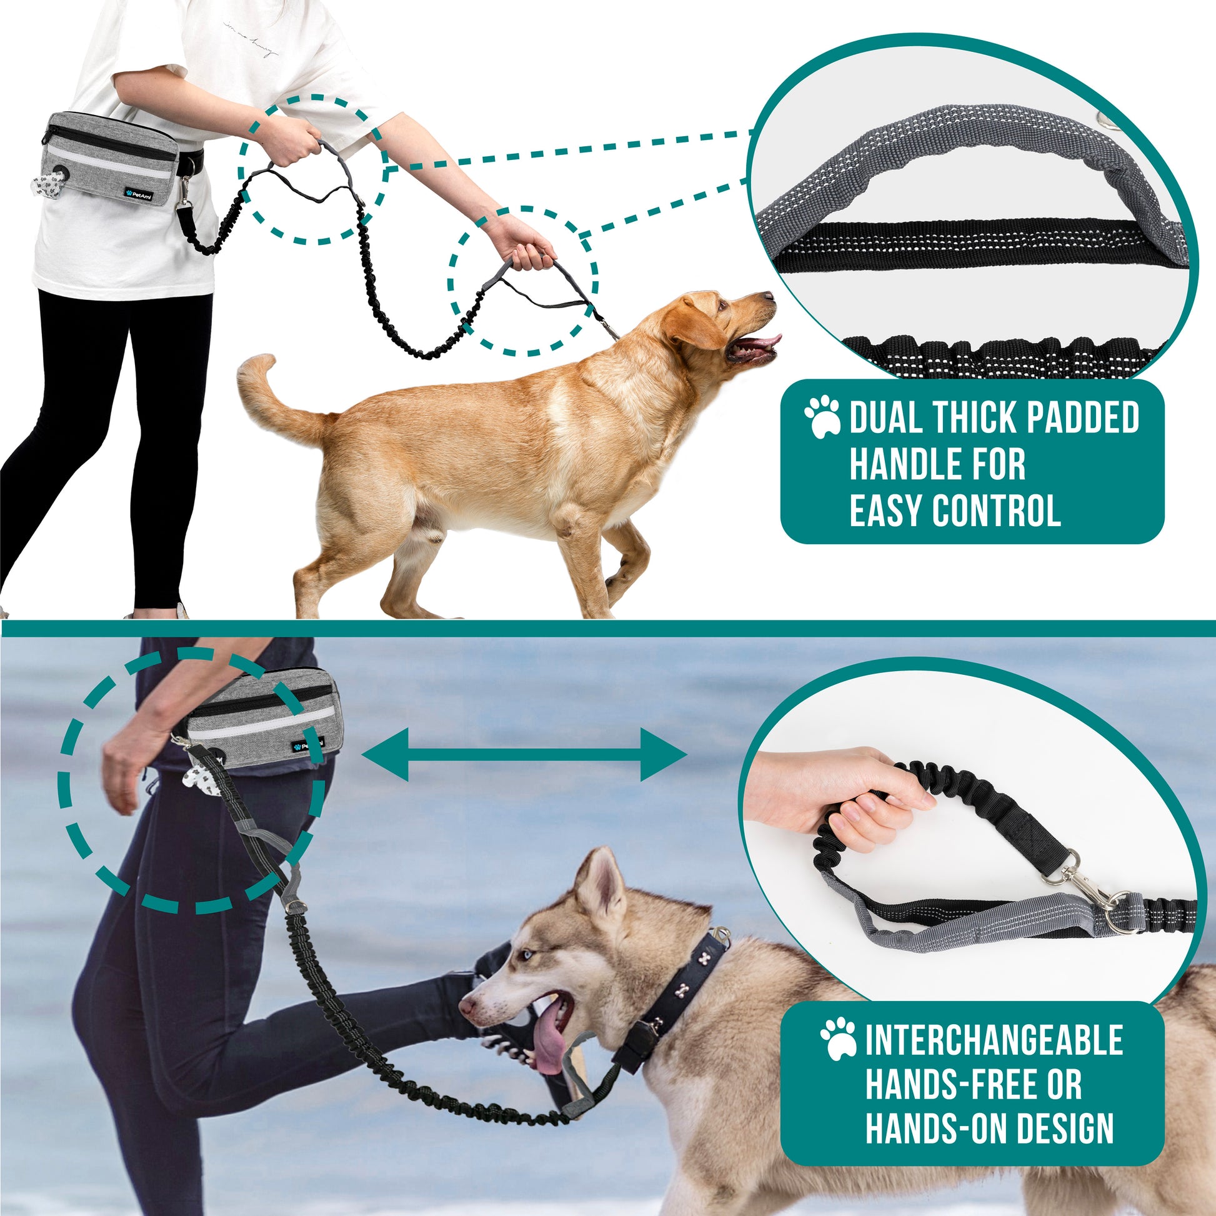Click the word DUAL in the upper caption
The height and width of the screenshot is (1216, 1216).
coord(887,417)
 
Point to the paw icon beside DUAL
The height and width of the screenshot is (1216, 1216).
coord(822,416)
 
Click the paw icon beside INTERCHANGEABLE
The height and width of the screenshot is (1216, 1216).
coord(839,1039)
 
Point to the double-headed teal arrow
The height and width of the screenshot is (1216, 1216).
coord(524,755)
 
